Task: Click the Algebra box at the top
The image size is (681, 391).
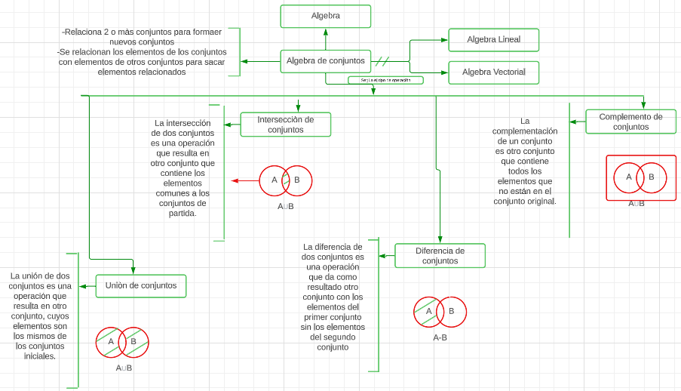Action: [x=325, y=16]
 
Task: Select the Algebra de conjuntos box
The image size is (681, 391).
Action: [x=325, y=61]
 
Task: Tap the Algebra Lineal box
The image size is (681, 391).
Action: [x=493, y=40]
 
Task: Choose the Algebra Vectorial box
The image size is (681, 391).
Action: [x=493, y=72]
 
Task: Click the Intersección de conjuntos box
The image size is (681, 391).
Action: [x=285, y=125]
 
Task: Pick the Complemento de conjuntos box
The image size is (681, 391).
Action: [x=630, y=122]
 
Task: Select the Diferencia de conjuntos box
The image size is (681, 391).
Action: [x=440, y=256]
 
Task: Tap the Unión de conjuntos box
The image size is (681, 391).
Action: [x=141, y=286]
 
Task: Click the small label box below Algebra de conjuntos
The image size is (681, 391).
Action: [x=385, y=80]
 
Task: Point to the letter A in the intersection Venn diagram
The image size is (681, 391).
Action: [x=275, y=180]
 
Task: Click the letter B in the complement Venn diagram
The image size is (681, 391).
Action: [x=652, y=177]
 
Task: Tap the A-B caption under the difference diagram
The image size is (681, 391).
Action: [x=440, y=337]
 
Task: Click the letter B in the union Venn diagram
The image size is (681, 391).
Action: [x=133, y=341]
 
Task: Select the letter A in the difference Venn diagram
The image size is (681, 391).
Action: [x=428, y=311]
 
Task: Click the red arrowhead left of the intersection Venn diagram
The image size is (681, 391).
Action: [x=235, y=180]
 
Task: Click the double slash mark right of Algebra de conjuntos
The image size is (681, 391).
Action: [x=382, y=61]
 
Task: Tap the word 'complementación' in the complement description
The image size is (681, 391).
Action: [x=525, y=131]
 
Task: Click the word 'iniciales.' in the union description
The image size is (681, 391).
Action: [x=40, y=356]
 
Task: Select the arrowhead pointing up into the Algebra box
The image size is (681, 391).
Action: [x=326, y=32]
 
